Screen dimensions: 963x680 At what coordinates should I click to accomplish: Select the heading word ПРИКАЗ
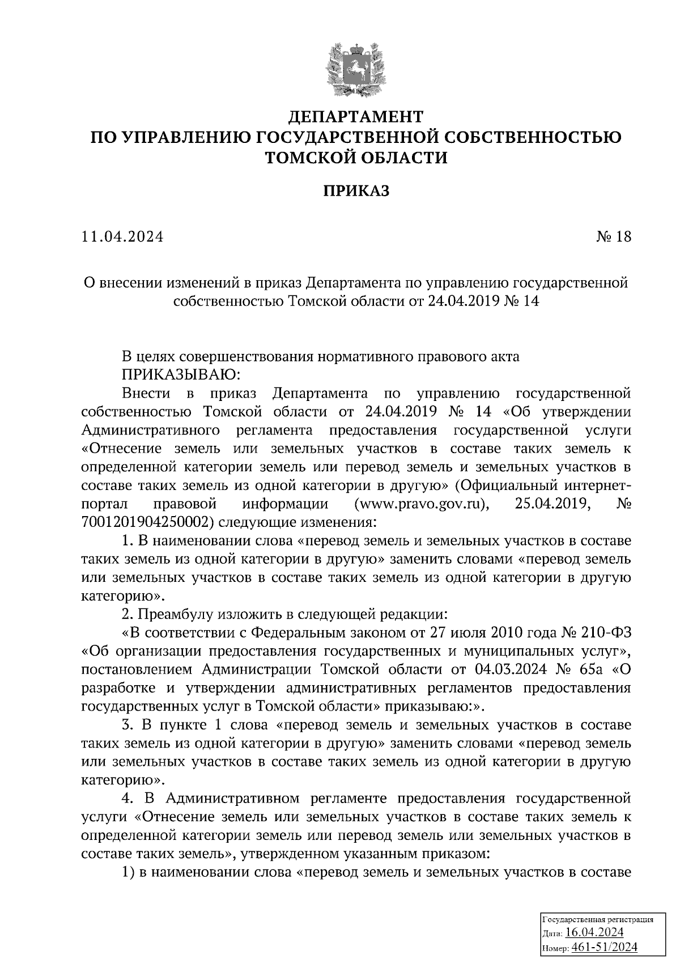(356, 191)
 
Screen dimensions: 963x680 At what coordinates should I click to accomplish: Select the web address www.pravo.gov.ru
(420, 504)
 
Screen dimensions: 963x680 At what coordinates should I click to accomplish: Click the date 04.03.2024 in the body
(508, 670)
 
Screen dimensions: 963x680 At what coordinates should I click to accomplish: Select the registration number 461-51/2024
(605, 948)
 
